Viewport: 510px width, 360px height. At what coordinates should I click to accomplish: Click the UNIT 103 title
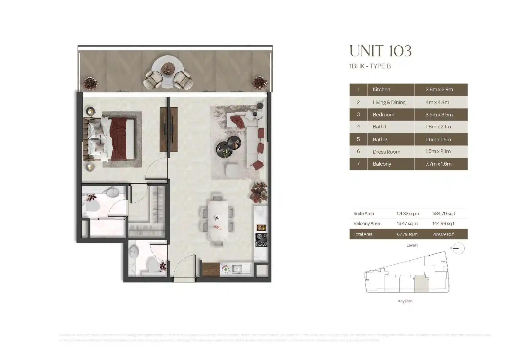[x=380, y=51]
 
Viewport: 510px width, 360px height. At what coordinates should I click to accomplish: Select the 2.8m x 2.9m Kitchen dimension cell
[x=439, y=89]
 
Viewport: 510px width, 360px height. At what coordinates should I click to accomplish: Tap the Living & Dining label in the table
[x=389, y=102]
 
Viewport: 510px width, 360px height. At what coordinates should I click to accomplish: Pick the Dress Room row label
[x=386, y=152]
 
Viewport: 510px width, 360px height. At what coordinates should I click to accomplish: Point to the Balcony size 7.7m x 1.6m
[x=438, y=164]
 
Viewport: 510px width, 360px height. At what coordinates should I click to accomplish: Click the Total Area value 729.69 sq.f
[x=443, y=234]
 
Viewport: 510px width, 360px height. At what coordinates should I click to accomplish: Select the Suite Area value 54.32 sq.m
[x=408, y=214]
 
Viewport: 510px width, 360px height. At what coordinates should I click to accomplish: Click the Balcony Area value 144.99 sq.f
[x=443, y=223]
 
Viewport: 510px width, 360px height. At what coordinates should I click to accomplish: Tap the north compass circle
[x=458, y=248]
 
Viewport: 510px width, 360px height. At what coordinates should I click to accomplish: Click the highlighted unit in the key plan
[x=421, y=284]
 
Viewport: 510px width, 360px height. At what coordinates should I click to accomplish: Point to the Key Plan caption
[x=405, y=301]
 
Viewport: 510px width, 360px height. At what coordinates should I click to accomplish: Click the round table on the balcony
[x=167, y=69]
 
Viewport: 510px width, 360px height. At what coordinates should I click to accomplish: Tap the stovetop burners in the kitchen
[x=261, y=240]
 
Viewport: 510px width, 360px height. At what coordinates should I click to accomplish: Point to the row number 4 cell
[x=358, y=127]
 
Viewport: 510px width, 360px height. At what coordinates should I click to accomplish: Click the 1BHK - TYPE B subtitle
[x=370, y=66]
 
